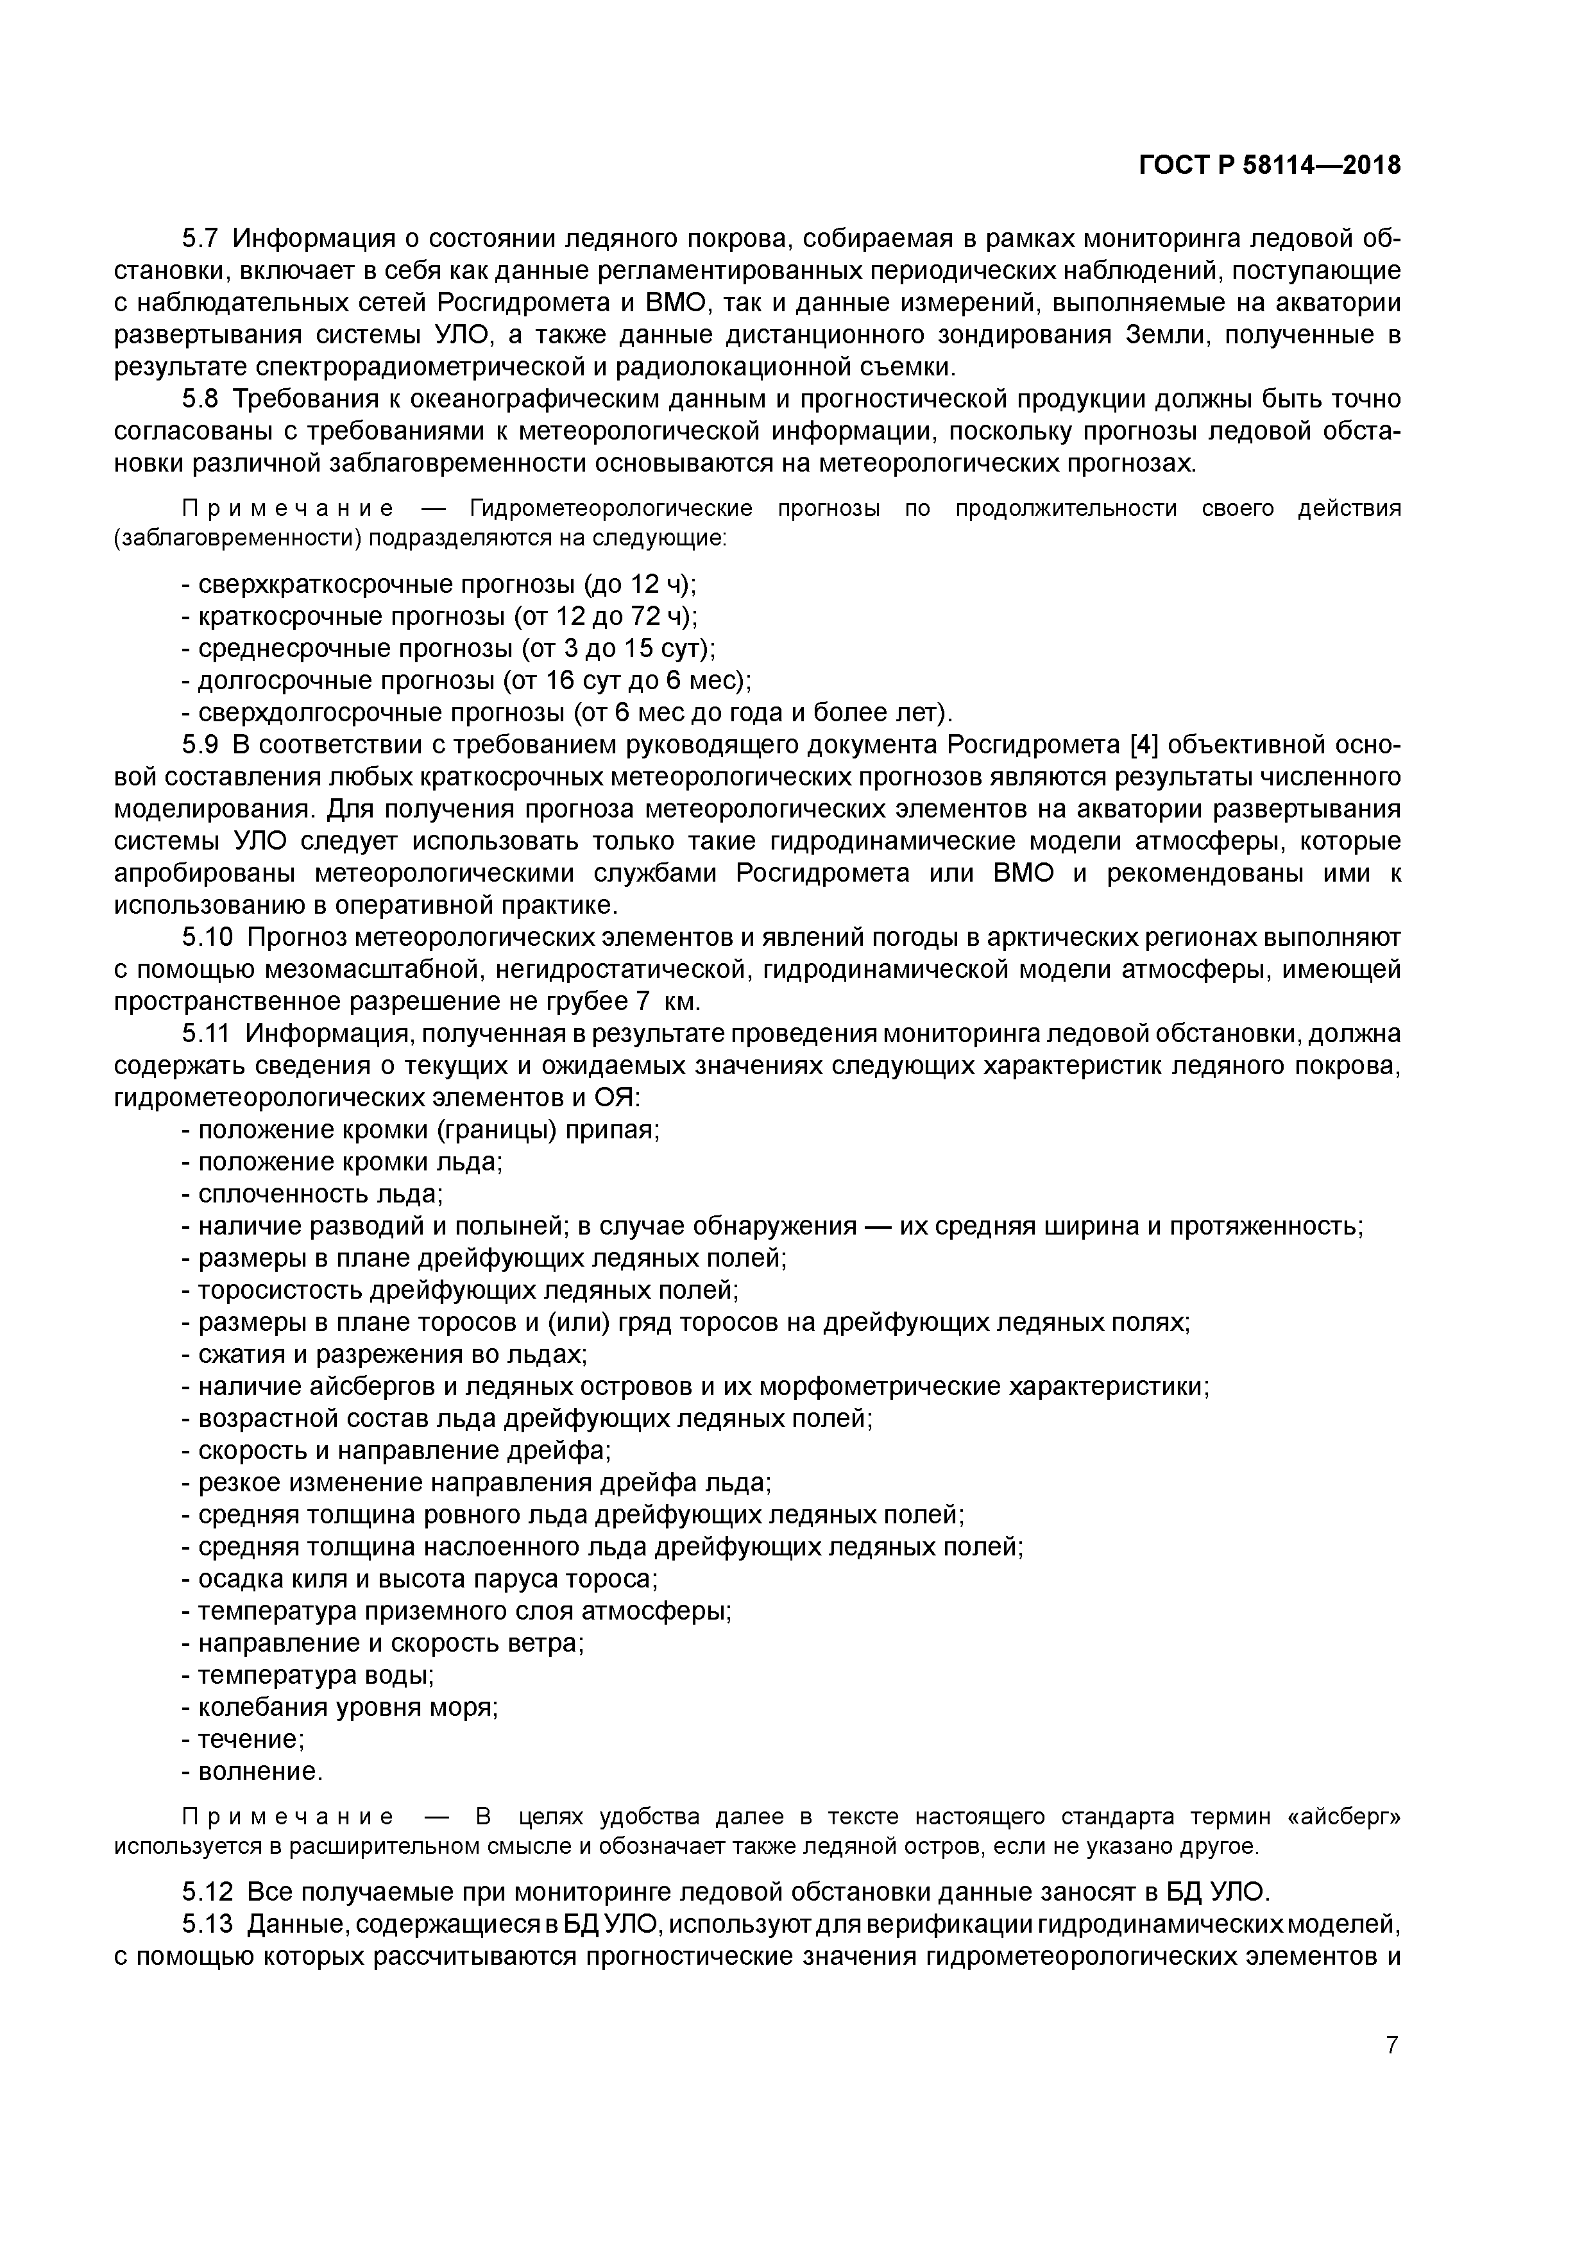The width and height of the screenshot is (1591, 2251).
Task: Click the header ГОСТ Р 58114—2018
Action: [1270, 166]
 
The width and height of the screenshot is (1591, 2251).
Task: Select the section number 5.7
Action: [201, 238]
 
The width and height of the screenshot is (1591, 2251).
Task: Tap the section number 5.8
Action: [201, 399]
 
